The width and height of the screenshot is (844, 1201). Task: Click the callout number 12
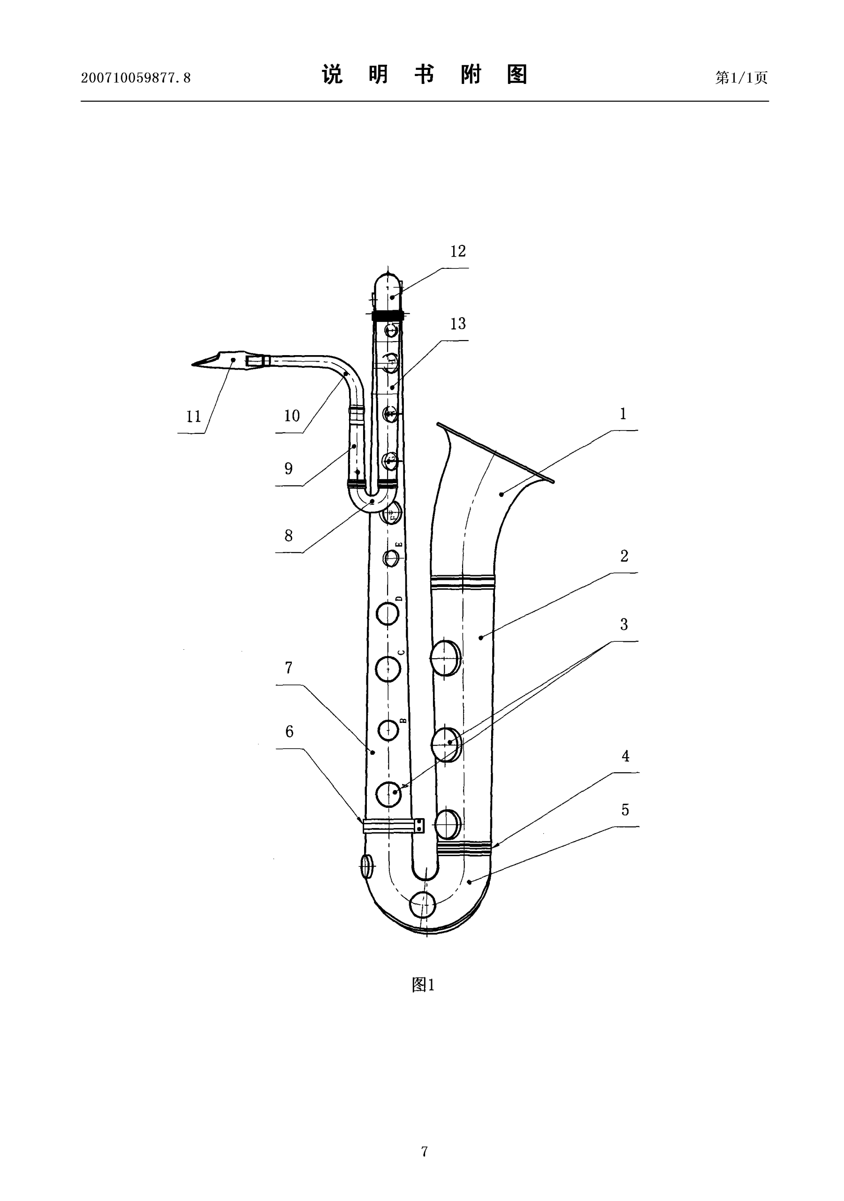click(x=458, y=251)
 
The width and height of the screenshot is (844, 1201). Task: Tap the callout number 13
click(x=458, y=324)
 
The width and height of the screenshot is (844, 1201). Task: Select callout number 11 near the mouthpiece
click(x=194, y=417)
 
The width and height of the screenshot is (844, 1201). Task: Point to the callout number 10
click(x=292, y=416)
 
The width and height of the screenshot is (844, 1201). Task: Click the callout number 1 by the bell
click(x=623, y=414)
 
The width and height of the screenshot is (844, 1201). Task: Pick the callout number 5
click(x=625, y=810)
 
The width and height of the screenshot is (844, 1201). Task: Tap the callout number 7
click(x=289, y=668)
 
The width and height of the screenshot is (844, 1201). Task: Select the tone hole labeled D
click(x=387, y=613)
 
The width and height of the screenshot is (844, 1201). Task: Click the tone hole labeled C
click(x=388, y=669)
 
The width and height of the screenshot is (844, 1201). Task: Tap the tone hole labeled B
click(x=388, y=731)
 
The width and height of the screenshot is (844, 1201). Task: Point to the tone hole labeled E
click(x=391, y=558)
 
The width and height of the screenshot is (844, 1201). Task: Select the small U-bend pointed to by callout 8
click(x=372, y=501)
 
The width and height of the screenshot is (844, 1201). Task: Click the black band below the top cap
click(x=388, y=316)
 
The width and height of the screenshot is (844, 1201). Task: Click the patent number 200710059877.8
click(x=136, y=78)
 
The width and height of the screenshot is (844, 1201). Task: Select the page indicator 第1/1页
click(x=741, y=78)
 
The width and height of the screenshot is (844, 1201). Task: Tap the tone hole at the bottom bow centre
click(x=422, y=905)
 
